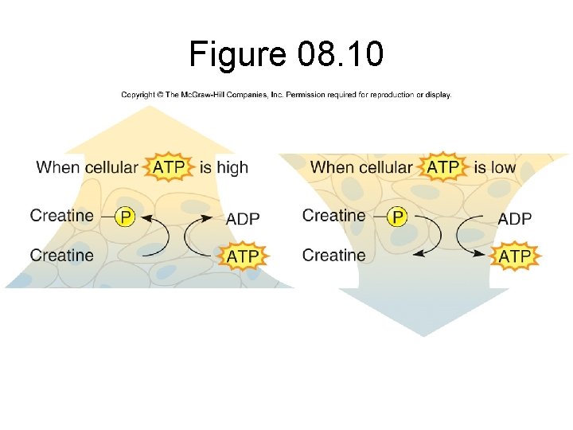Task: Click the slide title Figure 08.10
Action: click(x=286, y=54)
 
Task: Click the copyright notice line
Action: click(x=286, y=95)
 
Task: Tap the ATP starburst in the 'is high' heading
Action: click(x=169, y=167)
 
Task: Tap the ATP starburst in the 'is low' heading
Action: click(x=442, y=167)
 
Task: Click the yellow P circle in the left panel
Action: click(x=125, y=217)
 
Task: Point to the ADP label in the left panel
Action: click(x=244, y=218)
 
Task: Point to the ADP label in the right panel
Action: click(x=516, y=218)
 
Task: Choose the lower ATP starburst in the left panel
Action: click(x=243, y=256)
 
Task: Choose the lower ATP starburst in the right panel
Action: click(x=516, y=256)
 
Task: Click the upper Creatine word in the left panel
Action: click(x=62, y=215)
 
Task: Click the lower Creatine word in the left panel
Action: click(x=62, y=256)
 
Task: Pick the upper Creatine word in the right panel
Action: click(x=334, y=215)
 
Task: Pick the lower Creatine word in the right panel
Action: click(x=334, y=256)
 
